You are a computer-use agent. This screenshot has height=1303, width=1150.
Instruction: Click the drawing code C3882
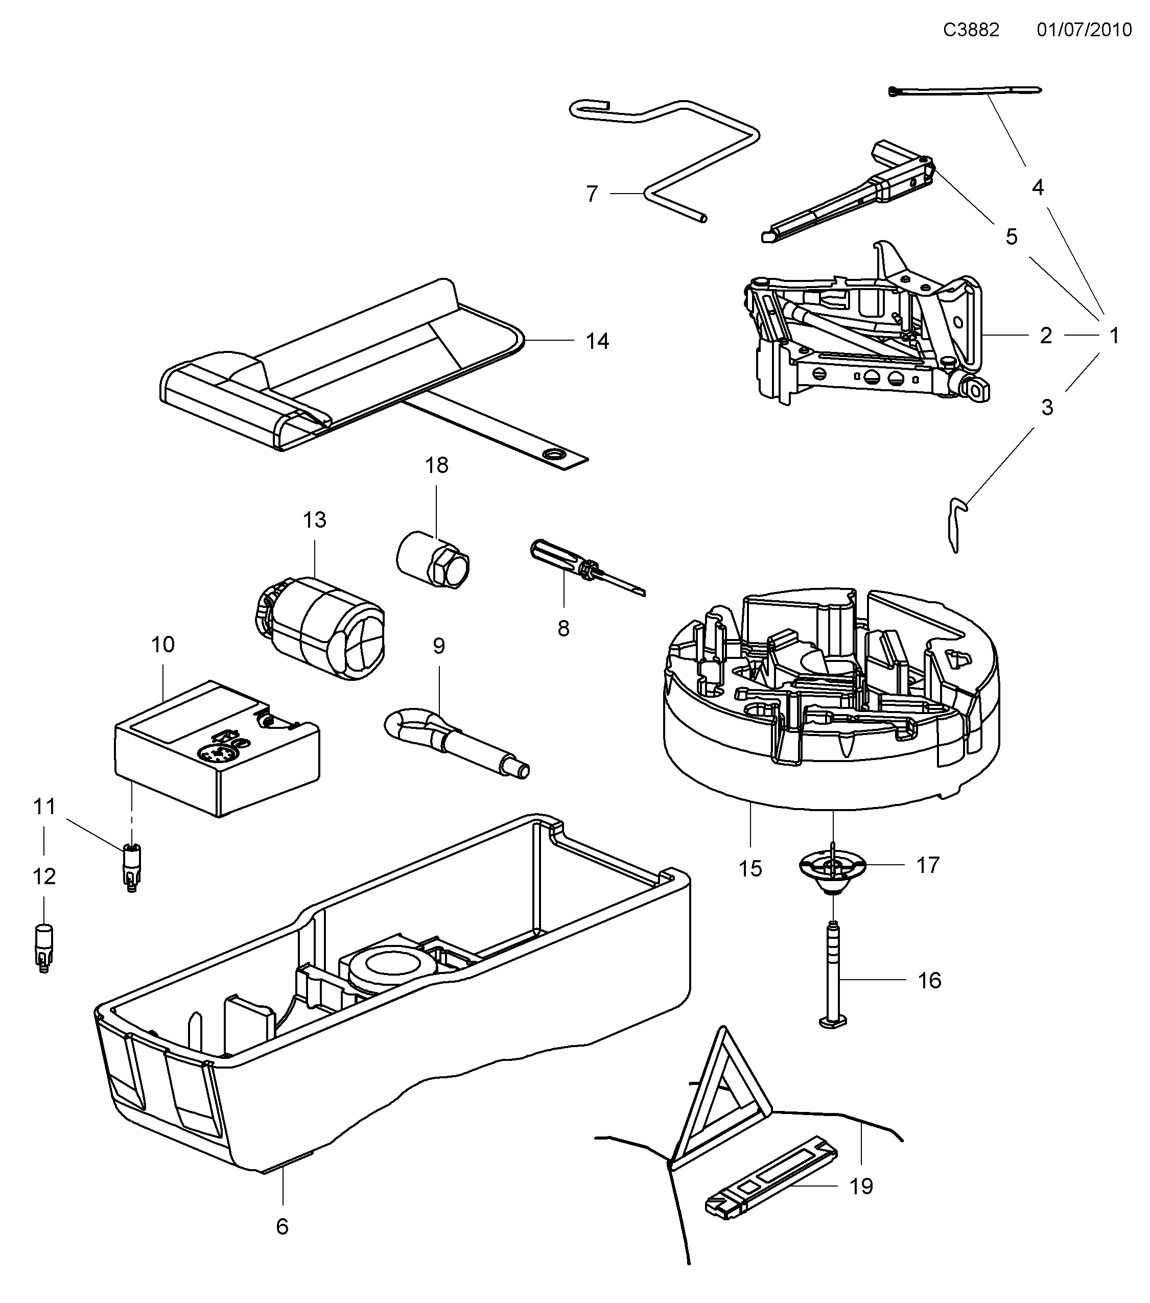click(x=971, y=30)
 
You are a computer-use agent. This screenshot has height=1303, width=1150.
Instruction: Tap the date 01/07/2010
click(x=1084, y=30)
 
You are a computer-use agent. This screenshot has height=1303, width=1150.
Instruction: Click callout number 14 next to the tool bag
click(x=597, y=342)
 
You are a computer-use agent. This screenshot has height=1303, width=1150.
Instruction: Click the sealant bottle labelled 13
click(x=322, y=628)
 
